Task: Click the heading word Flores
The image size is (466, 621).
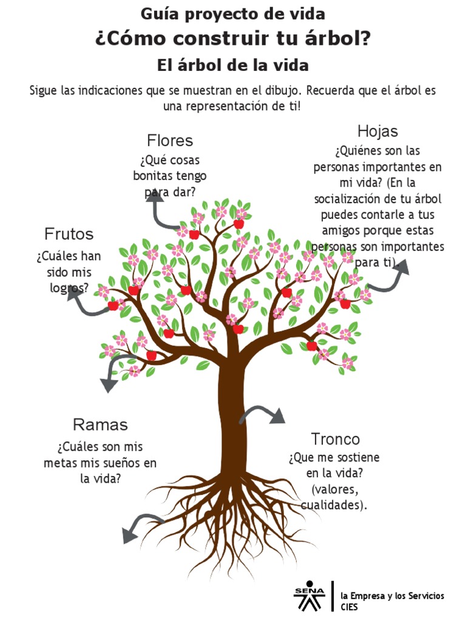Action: tap(170, 141)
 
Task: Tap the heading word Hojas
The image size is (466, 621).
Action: tap(377, 131)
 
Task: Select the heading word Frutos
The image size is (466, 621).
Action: tap(69, 234)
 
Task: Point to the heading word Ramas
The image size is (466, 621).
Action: tap(100, 425)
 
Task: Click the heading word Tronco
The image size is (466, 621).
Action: tap(336, 439)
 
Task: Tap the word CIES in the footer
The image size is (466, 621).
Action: tap(349, 606)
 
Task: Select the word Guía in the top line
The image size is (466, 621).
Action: tap(158, 13)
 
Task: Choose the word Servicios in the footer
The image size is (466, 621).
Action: tap(423, 596)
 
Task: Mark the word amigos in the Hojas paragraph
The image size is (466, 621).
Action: tap(340, 231)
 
